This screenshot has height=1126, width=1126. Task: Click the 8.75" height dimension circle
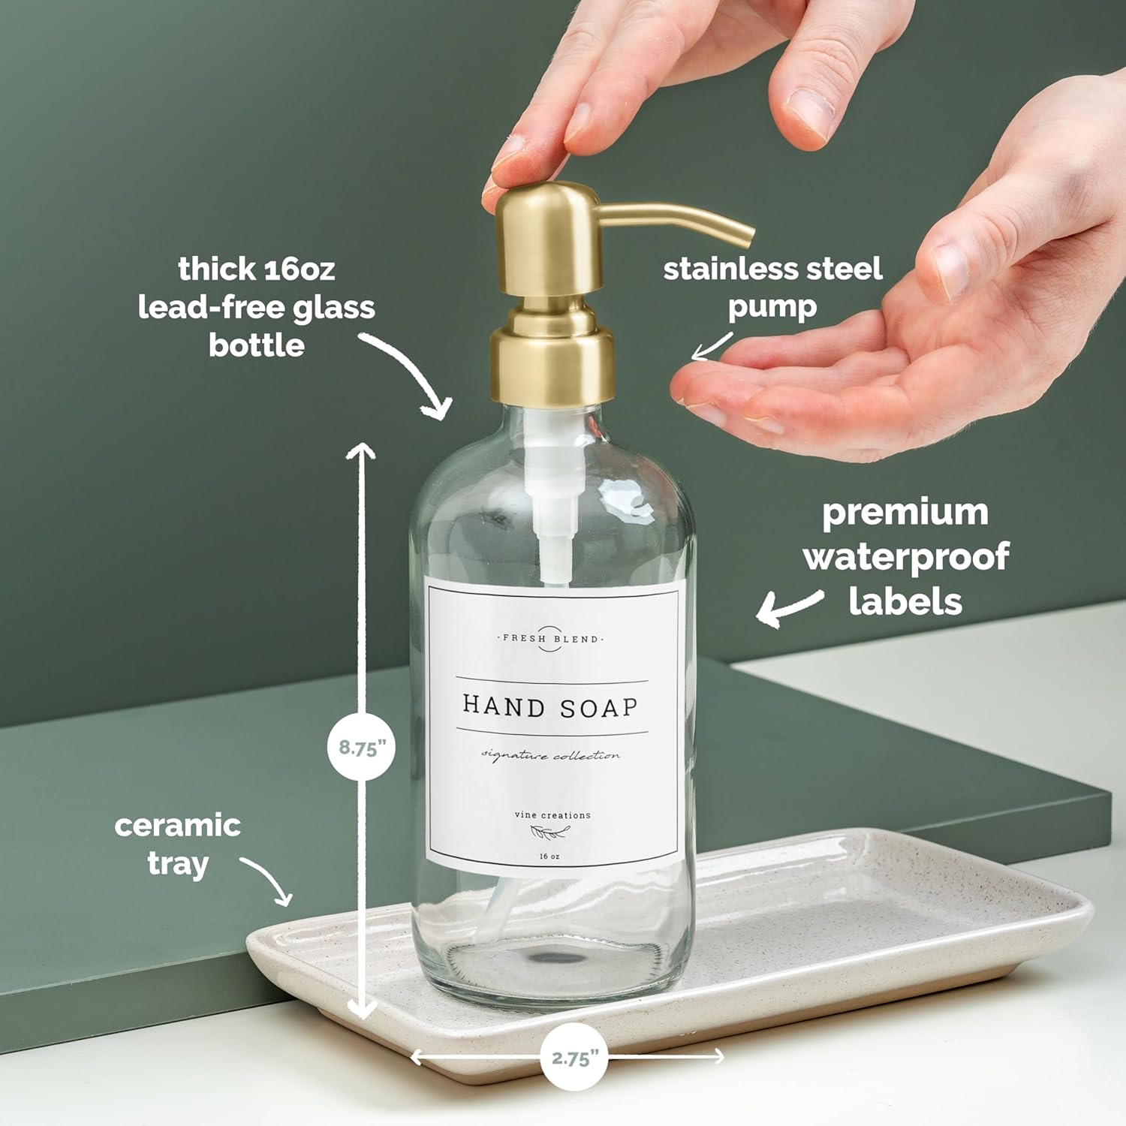click(362, 747)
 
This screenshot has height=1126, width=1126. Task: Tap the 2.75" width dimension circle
click(574, 1057)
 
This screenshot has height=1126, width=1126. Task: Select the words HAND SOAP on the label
click(550, 706)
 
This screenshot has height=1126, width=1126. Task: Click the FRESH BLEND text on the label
click(551, 639)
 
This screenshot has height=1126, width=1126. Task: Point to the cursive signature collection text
click(551, 755)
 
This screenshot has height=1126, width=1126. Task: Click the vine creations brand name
click(552, 815)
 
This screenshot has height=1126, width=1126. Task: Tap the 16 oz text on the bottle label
click(549, 857)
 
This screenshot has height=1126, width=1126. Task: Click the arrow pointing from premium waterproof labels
click(788, 607)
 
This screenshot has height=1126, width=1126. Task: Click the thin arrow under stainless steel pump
click(711, 346)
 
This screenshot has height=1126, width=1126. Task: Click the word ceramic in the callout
click(178, 826)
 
